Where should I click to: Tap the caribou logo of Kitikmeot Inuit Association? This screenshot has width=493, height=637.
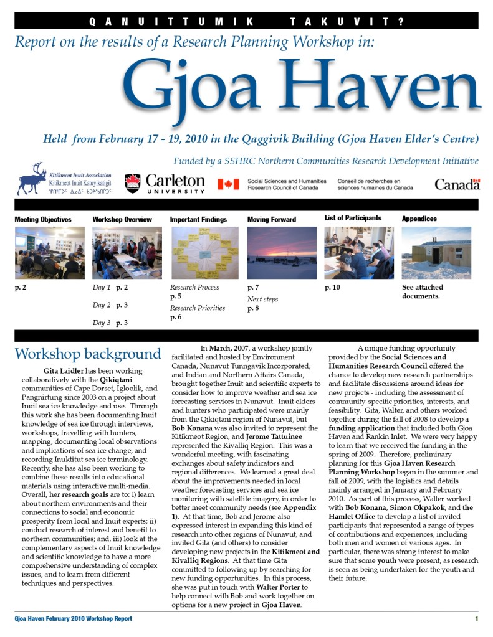(x=31, y=179)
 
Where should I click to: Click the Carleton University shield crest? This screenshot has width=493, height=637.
(x=132, y=182)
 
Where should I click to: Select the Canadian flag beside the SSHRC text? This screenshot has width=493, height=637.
(x=228, y=184)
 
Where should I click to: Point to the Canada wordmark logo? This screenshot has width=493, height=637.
(x=457, y=184)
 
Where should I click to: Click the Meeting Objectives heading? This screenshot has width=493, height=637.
(x=43, y=219)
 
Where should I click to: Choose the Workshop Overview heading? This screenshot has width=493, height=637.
(x=122, y=219)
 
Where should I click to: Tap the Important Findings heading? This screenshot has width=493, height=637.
(x=198, y=219)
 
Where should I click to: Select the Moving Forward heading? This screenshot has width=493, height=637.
(x=271, y=219)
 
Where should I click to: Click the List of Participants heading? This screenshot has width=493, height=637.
(x=353, y=218)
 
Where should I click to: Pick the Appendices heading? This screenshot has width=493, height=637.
(x=419, y=219)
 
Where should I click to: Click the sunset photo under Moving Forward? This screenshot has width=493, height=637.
(x=282, y=252)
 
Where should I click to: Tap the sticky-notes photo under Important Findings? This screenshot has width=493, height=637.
(x=204, y=252)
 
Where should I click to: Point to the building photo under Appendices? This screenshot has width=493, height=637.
(x=436, y=252)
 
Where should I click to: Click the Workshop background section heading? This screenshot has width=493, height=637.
(x=88, y=354)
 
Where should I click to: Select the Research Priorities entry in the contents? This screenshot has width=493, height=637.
(x=198, y=308)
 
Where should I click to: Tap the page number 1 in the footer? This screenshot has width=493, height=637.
(x=476, y=618)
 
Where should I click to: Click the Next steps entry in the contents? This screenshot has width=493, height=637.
(x=262, y=299)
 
